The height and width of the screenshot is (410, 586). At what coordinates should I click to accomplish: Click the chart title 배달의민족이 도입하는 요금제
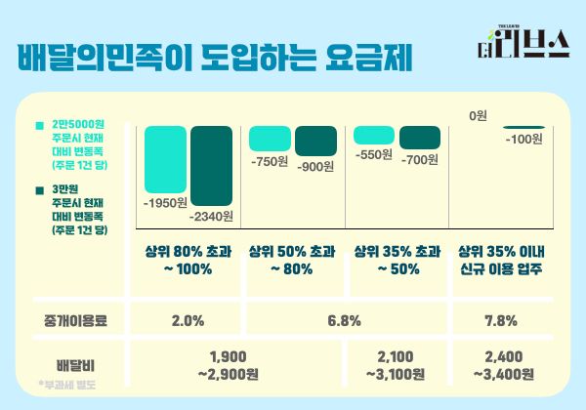[x=214, y=58]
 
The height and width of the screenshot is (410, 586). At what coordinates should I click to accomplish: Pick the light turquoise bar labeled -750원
[x=271, y=138]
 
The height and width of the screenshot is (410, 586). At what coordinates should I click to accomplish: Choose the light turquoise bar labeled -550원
[x=374, y=135]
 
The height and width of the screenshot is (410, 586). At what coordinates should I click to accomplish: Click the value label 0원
[x=478, y=116]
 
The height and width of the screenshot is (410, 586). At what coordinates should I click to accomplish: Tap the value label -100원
[x=524, y=140]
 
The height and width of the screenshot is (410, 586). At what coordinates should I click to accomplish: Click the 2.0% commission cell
[x=188, y=319]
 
